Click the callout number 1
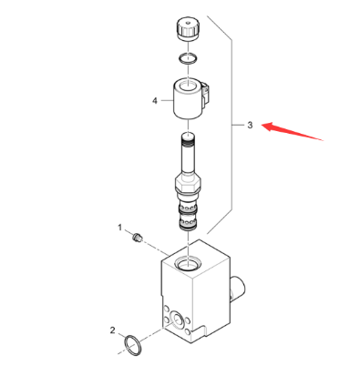[119, 228]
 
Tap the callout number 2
[112, 330]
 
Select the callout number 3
[250, 125]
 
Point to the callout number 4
[155, 100]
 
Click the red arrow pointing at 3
[292, 131]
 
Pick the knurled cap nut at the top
[188, 29]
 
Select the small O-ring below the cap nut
[188, 58]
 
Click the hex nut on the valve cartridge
[188, 184]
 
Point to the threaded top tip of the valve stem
[189, 138]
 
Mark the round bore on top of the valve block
[189, 263]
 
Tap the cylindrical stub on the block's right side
[238, 288]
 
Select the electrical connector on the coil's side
[207, 94]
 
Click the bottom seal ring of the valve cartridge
[189, 227]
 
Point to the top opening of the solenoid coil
[188, 85]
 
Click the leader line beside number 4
[167, 100]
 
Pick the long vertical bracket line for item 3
[231, 125]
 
